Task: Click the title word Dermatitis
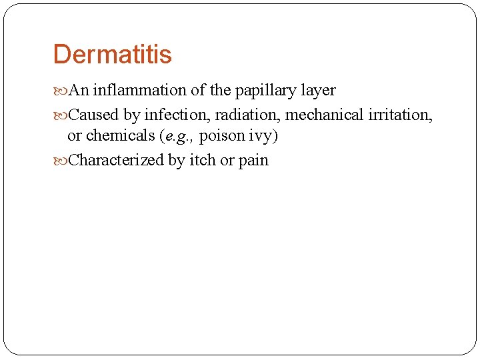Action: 112,55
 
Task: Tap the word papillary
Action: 260,91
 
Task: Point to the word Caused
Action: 93,115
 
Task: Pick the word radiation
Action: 247,115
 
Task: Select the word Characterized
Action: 116,161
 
